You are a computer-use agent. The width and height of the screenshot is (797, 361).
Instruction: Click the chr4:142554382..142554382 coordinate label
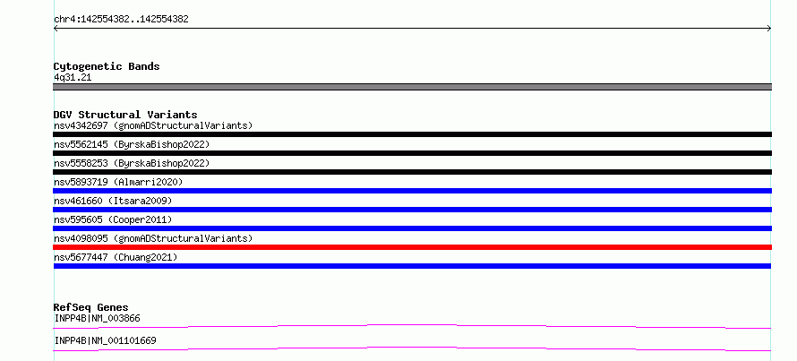pyautogui.click(x=121, y=20)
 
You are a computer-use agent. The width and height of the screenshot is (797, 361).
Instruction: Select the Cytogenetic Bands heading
pyautogui.click(x=107, y=66)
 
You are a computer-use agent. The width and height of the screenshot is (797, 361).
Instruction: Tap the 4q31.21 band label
pyautogui.click(x=73, y=78)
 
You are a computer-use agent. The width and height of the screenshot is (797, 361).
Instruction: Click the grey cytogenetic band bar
pyautogui.click(x=412, y=87)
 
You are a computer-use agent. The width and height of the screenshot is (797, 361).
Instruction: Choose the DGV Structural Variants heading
pyautogui.click(x=125, y=115)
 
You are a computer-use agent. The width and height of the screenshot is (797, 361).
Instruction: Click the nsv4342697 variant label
pyautogui.click(x=153, y=125)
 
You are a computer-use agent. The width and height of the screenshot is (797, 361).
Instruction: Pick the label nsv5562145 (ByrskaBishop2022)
pyautogui.click(x=132, y=144)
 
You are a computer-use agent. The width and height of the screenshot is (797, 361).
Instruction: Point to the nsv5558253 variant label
pyautogui.click(x=132, y=163)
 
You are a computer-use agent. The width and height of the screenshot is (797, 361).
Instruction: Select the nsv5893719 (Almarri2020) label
pyautogui.click(x=118, y=182)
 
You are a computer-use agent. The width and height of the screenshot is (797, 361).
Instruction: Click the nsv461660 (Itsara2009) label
pyautogui.click(x=113, y=201)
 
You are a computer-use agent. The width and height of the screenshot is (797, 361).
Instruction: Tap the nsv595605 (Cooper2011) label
pyautogui.click(x=113, y=219)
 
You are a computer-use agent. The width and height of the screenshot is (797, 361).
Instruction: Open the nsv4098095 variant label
pyautogui.click(x=153, y=238)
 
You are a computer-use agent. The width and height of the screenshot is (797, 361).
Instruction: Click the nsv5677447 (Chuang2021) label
pyautogui.click(x=116, y=257)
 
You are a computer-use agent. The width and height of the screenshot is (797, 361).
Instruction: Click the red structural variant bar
pyautogui.click(x=412, y=247)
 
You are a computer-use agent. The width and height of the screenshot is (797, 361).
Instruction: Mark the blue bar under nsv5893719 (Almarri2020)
pyautogui.click(x=412, y=191)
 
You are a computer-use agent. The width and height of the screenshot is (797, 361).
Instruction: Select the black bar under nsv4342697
pyautogui.click(x=412, y=134)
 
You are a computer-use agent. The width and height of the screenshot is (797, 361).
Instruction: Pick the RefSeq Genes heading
pyautogui.click(x=90, y=307)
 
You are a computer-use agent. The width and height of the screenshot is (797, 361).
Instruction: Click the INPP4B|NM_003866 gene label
pyautogui.click(x=97, y=319)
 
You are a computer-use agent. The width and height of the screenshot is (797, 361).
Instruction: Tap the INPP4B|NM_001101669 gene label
pyautogui.click(x=105, y=340)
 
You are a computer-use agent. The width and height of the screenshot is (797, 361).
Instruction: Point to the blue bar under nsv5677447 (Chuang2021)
pyautogui.click(x=412, y=266)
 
